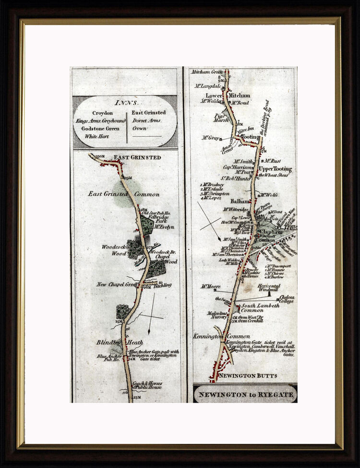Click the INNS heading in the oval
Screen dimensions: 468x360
point(126,102)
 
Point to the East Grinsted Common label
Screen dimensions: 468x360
point(123,194)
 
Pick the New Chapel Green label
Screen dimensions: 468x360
point(117,284)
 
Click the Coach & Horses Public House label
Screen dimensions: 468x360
point(148,385)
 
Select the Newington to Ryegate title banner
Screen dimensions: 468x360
point(245,395)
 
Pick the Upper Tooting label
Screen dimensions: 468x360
point(275,169)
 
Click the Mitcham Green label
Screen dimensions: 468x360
point(206,72)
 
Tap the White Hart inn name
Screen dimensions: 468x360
point(97,136)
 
